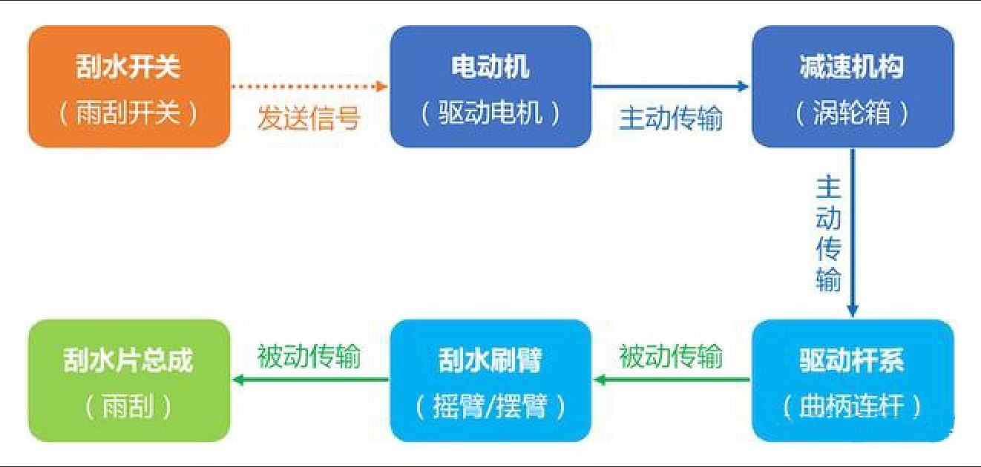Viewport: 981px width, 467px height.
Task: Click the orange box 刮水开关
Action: [129, 86]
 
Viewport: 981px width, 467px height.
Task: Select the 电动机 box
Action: [490, 86]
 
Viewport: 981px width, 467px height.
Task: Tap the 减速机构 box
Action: [853, 86]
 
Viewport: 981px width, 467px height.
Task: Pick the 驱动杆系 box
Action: [853, 380]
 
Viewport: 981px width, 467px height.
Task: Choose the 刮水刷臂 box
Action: [490, 380]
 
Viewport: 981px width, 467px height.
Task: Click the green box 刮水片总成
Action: [129, 380]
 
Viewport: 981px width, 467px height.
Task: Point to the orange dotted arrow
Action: [309, 86]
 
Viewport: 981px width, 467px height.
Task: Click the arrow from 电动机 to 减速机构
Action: [671, 86]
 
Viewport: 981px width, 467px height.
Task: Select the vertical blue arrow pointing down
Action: [852, 233]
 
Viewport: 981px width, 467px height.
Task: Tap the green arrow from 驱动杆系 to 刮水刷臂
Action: [672, 380]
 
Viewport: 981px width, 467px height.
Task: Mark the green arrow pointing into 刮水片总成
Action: [310, 380]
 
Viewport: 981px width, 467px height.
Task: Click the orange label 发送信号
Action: [309, 118]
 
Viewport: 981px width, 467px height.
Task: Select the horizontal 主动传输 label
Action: [671, 118]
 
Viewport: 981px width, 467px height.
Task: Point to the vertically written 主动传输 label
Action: [828, 233]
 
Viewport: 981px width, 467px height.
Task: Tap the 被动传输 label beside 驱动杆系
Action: [671, 357]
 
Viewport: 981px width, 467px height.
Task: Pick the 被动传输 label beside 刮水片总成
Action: [309, 357]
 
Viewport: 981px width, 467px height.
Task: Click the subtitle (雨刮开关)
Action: [128, 113]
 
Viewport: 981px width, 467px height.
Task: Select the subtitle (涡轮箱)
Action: [852, 113]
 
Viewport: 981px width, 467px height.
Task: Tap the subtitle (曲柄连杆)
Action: [852, 407]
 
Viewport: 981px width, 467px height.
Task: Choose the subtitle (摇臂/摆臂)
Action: [490, 407]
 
